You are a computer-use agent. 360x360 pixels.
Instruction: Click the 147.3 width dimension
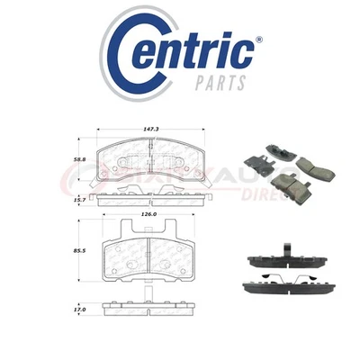coord(136,130)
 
